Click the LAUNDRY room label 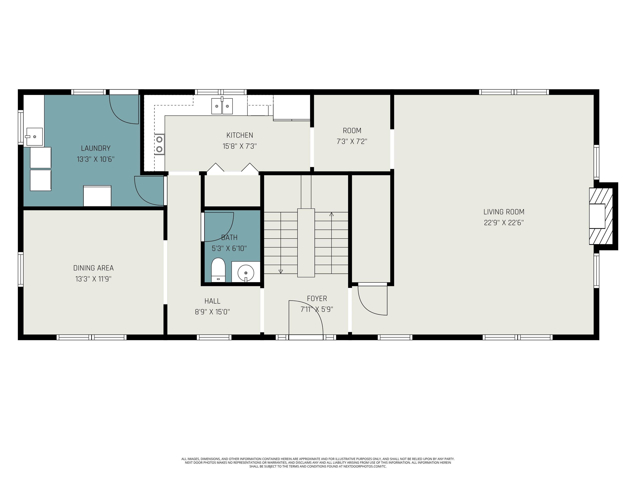[x=95, y=148]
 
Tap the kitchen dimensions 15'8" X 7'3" [x=240, y=146]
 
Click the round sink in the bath [x=246, y=272]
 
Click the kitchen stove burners [x=159, y=144]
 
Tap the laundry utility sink [x=34, y=137]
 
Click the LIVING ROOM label [x=503, y=212]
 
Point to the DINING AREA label [x=93, y=268]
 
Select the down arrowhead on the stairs [x=281, y=271]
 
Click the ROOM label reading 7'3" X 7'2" [x=352, y=131]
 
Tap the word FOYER [x=317, y=299]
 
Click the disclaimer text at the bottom [x=318, y=463]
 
